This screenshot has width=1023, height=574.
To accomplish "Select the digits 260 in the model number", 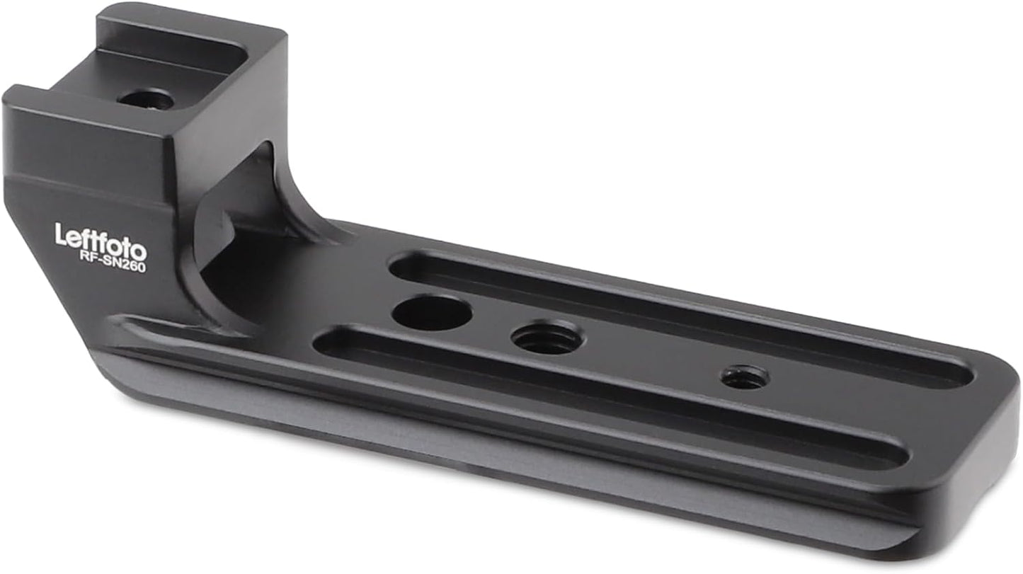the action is [135, 265].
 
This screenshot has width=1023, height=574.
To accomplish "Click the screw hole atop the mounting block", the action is [146, 98].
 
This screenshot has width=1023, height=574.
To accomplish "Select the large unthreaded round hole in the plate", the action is [432, 313].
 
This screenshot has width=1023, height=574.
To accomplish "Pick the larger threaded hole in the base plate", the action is [547, 338].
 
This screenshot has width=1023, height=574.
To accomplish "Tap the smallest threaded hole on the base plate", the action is [745, 377].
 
